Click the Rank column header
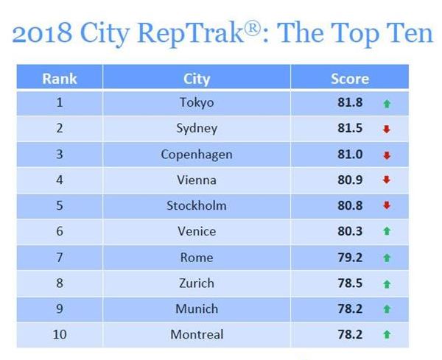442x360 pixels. coord(60,78)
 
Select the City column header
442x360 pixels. coord(197,78)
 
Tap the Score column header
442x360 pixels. coord(349,78)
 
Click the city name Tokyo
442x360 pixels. coord(197,103)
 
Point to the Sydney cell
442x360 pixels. coord(197,129)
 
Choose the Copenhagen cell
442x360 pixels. coord(197,155)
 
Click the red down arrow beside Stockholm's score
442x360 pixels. coord(386,206)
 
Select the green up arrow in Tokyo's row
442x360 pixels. coord(386,104)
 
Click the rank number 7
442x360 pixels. coord(60,257)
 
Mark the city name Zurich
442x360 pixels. coord(197,283)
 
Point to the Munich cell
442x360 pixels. coord(197,308)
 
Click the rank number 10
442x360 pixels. coord(60,334)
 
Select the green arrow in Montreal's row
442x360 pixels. coord(386,335)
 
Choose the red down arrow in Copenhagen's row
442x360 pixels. coord(386,155)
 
